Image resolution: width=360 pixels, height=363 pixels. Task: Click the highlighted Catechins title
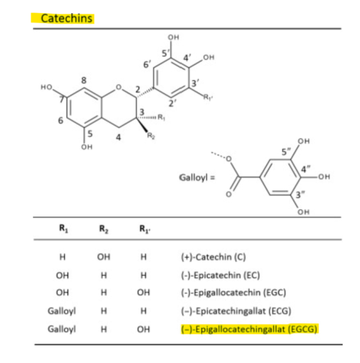pos(63,18)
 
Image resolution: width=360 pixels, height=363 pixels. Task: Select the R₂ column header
pos(102,229)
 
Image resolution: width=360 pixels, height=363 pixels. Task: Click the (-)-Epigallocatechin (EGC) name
pos(219,293)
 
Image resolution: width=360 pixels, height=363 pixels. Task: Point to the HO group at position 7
pos(46,86)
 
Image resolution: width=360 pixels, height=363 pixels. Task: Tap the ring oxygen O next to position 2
pos(118,86)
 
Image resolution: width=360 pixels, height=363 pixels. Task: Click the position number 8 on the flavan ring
pos(83,80)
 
